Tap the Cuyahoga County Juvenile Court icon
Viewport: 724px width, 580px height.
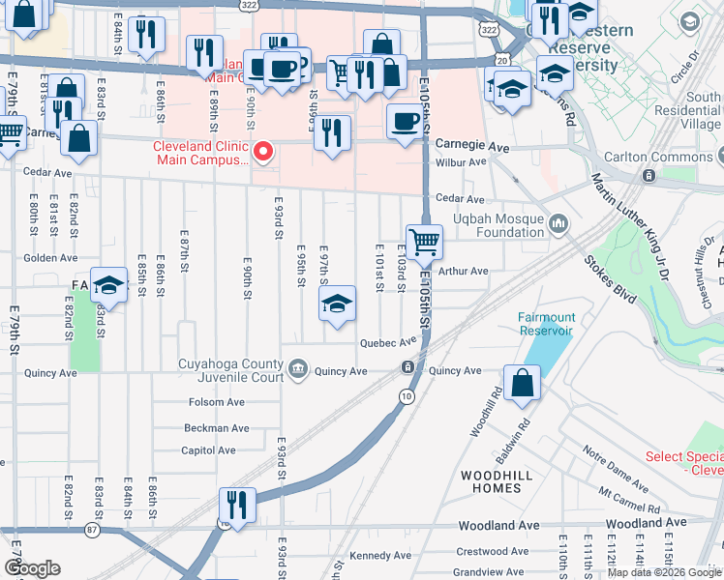(299, 368)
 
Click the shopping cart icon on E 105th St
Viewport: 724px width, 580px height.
(424, 243)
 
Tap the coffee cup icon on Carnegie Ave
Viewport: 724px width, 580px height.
(404, 123)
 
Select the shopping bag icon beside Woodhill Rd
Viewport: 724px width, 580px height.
(522, 384)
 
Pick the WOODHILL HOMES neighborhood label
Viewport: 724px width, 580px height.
(491, 481)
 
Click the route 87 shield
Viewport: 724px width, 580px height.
(92, 530)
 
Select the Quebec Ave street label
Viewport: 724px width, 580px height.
(387, 341)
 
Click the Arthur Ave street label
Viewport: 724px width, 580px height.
(464, 272)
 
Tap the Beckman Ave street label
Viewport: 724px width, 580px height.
(217, 428)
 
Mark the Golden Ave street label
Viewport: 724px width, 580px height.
(50, 258)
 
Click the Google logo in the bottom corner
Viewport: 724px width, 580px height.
(32, 568)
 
